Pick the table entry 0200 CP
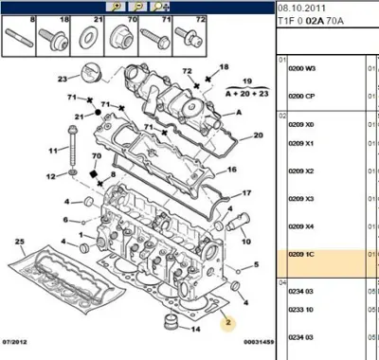tap(301, 96)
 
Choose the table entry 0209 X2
tap(300, 171)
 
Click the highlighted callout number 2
tap(228, 323)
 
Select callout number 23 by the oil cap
tap(62, 79)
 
